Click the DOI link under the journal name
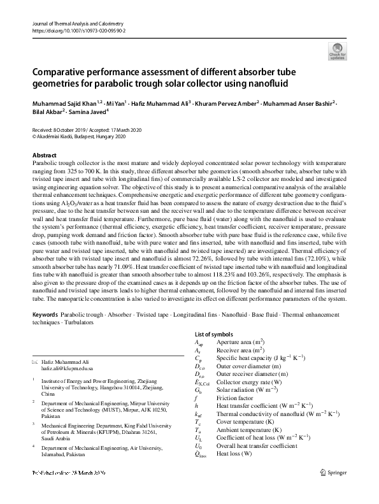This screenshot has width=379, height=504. click(x=78, y=30)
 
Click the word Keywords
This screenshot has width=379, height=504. click(x=47, y=315)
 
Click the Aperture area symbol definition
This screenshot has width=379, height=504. click(x=242, y=342)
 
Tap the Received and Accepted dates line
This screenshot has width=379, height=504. click(x=87, y=129)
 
